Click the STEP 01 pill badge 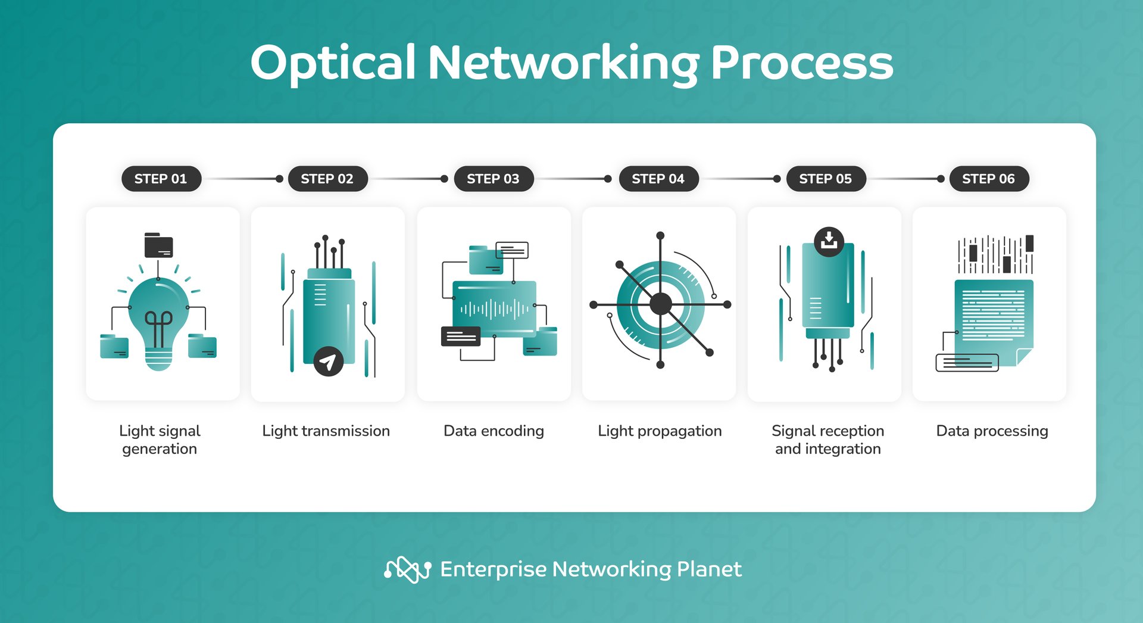161,179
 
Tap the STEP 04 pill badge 658,179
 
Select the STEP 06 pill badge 988,179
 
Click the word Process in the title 802,63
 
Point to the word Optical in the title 332,63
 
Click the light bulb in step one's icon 158,322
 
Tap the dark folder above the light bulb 158,245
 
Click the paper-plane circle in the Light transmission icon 328,361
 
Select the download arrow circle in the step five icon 829,241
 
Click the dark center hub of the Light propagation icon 660,304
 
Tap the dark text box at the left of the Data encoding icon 460,337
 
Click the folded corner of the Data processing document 1025,357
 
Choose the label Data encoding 494,431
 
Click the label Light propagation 660,431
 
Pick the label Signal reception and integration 827,440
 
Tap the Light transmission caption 326,431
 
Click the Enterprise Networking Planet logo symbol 407,569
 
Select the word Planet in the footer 709,569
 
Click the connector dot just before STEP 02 279,179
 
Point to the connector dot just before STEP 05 777,179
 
